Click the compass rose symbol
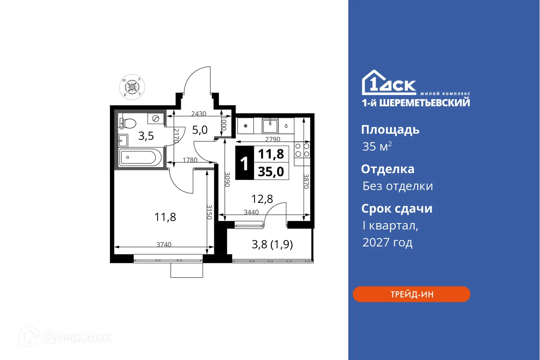132,87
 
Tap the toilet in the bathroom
128,122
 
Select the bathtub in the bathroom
141,157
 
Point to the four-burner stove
302,150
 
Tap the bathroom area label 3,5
146,136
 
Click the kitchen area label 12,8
262,199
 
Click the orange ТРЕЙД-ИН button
411,294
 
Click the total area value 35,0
271,172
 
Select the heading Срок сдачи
397,209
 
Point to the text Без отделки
397,186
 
